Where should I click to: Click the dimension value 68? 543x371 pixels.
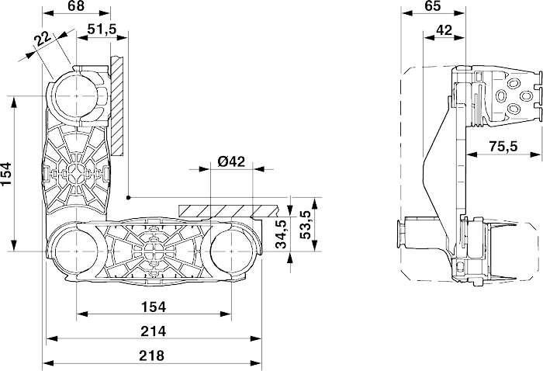(x=76, y=6)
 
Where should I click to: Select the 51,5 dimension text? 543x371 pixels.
(x=102, y=29)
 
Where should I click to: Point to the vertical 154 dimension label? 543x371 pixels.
(x=6, y=174)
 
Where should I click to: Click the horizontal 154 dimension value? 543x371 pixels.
(x=154, y=307)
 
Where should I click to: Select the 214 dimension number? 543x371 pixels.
(x=154, y=331)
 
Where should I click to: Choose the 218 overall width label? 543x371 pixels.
(x=152, y=355)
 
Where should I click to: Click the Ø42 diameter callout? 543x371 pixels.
(x=231, y=161)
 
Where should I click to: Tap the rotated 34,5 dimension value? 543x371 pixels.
(x=281, y=234)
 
